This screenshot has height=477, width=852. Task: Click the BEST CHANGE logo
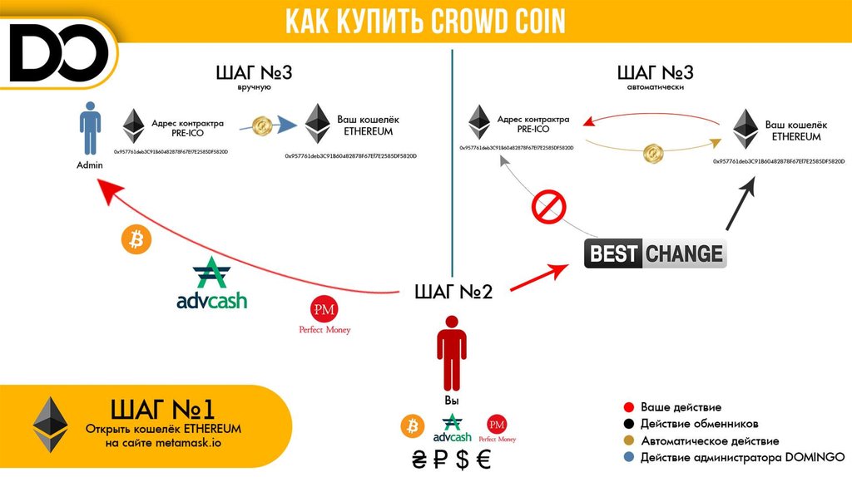(x=655, y=253)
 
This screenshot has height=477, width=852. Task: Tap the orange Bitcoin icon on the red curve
(x=134, y=240)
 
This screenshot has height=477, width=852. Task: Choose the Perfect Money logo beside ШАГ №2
(x=324, y=315)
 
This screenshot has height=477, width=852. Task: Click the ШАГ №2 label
(x=453, y=292)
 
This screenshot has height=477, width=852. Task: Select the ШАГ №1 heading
(x=163, y=408)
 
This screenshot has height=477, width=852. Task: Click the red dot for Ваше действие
(x=628, y=408)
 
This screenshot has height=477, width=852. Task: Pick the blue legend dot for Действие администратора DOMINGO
(x=628, y=457)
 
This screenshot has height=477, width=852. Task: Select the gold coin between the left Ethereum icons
(x=264, y=126)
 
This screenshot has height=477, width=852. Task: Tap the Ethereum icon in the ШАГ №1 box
(x=51, y=424)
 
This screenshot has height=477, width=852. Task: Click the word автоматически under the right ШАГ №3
(x=655, y=86)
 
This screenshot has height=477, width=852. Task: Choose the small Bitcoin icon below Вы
(x=412, y=427)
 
